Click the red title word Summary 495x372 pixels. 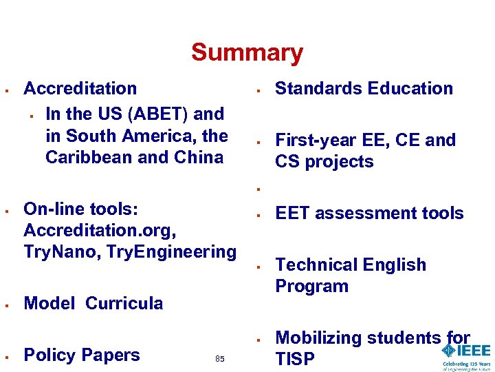247,52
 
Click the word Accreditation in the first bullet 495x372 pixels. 80,88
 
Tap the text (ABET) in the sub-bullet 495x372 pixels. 157,114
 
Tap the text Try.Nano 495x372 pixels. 56,251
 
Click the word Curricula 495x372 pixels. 124,303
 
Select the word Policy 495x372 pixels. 49,355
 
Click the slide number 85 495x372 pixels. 220,359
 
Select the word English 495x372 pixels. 393,265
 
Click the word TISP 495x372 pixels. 296,359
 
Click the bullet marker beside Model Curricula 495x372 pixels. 5,304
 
